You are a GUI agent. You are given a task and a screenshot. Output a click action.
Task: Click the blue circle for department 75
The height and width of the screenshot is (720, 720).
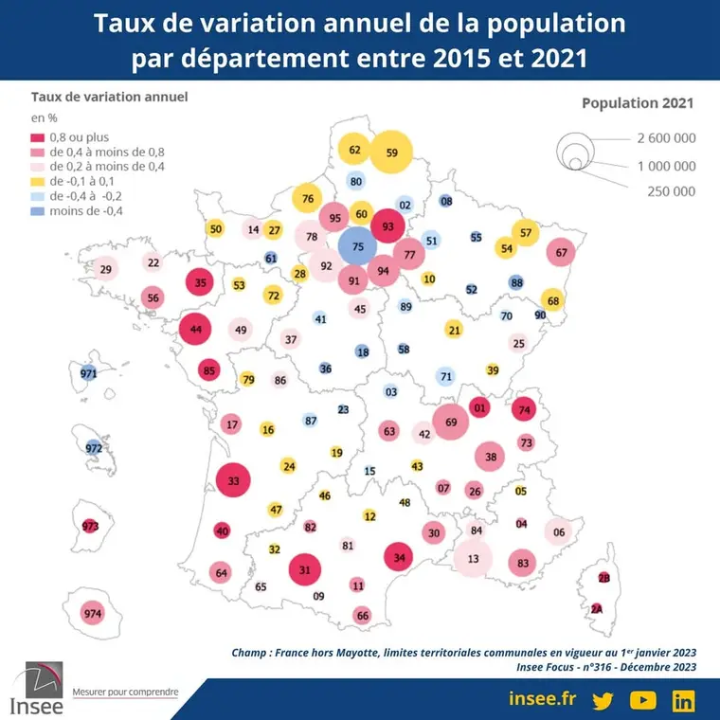tap(358, 246)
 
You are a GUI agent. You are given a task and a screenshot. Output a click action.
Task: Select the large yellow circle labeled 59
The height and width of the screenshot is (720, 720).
tap(391, 152)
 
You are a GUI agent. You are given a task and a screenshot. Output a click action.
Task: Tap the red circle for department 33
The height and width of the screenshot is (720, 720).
tap(233, 480)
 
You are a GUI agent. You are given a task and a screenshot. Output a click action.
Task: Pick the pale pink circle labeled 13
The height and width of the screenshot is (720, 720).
tap(473, 558)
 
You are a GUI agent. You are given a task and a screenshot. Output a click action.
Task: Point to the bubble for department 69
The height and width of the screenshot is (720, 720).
tap(450, 422)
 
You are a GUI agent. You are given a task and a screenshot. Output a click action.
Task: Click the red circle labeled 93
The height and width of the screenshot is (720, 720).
tap(388, 225)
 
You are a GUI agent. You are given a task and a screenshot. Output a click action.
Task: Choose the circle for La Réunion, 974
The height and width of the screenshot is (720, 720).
tap(93, 614)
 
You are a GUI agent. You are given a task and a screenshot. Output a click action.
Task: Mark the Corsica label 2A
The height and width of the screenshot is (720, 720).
tap(597, 609)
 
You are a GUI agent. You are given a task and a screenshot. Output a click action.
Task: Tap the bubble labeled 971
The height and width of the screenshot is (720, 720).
tap(89, 373)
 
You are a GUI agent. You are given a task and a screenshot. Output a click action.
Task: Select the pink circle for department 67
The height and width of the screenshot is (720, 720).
tap(561, 252)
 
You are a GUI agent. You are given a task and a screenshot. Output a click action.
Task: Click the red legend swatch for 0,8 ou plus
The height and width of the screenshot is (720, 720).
tap(37, 137)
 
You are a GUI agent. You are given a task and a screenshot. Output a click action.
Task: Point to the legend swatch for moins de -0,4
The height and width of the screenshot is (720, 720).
tap(37, 211)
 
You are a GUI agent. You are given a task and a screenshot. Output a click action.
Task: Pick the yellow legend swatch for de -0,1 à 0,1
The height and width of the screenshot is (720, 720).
tap(37, 181)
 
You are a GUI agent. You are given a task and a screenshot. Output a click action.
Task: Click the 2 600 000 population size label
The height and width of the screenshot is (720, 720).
tap(666, 137)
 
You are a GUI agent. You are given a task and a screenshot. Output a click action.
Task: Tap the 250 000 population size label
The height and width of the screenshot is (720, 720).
tap(672, 191)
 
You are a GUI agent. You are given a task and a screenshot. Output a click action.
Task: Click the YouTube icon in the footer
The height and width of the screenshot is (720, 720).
tap(643, 700)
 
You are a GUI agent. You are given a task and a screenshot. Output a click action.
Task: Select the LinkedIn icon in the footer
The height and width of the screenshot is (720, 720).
tap(683, 701)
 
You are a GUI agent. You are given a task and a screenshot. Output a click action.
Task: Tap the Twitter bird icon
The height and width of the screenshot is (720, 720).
tap(603, 701)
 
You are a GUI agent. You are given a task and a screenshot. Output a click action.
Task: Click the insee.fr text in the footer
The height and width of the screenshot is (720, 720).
tap(542, 698)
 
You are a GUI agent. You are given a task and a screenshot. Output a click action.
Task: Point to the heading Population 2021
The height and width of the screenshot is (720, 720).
tap(638, 103)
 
